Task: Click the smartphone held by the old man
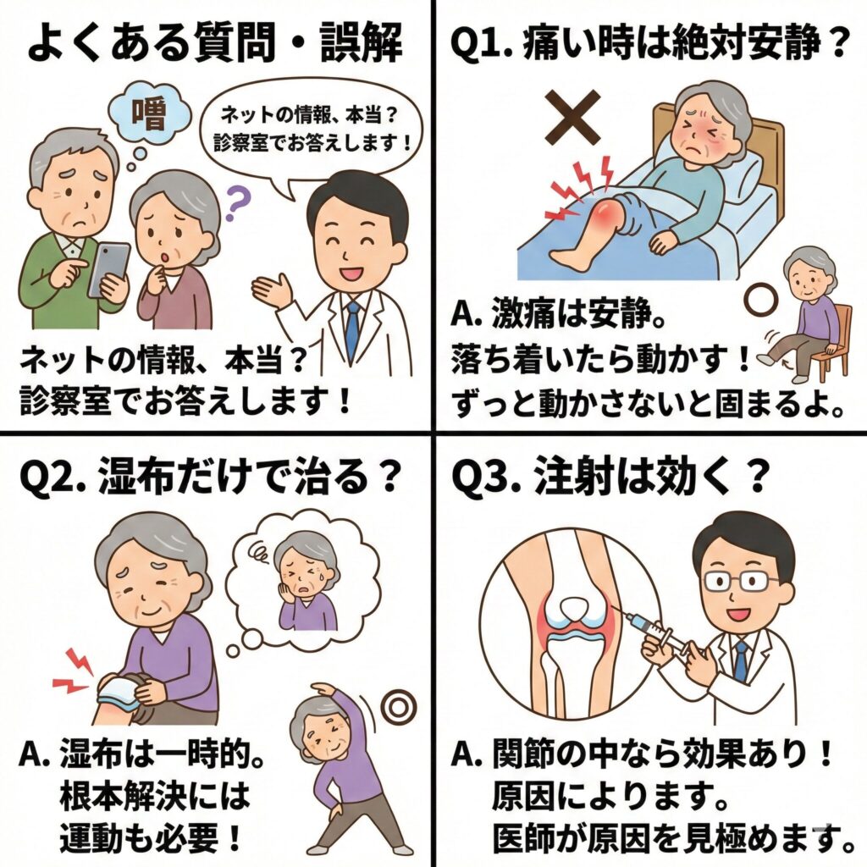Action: (109, 270)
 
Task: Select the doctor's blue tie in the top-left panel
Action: (352, 324)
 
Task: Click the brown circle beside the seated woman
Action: (760, 301)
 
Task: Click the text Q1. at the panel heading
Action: (481, 43)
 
